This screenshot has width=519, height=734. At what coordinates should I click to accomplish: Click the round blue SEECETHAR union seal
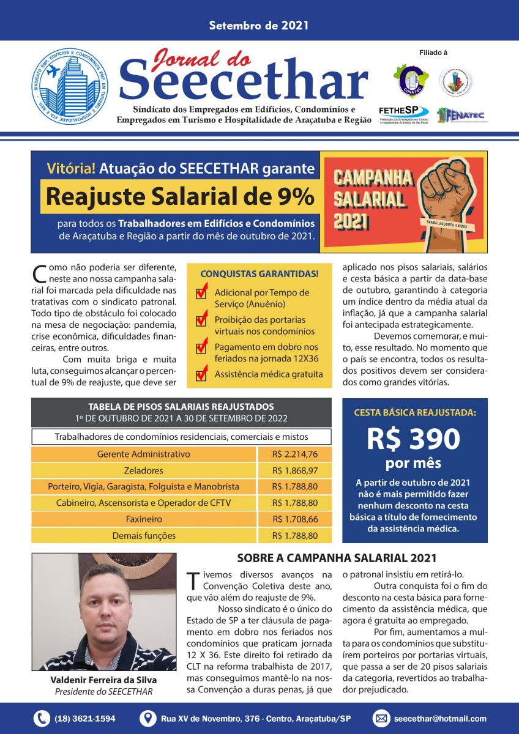pos(70,87)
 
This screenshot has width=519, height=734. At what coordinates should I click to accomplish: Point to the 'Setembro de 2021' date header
pos(259,26)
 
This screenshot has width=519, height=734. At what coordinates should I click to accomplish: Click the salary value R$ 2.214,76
pos(295,454)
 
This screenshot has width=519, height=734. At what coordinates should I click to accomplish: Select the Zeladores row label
pos(144,470)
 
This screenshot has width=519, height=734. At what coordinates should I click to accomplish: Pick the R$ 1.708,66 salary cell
pos(295,519)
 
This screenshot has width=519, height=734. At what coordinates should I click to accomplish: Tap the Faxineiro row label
pos(144,519)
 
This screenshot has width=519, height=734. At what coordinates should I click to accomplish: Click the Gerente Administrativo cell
pos(144,454)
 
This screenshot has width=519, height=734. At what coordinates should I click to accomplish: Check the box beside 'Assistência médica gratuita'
pos(201,374)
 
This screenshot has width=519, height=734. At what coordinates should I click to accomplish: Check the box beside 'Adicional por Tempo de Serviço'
pos(201,294)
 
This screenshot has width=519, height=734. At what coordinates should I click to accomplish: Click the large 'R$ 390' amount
pos(414,439)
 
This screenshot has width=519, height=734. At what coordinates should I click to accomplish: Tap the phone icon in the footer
pos(42,719)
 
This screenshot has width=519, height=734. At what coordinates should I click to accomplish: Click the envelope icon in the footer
pos(381,719)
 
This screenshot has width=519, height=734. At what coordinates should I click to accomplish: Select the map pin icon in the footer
pos(147,719)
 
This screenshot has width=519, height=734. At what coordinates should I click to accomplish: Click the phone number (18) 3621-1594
pos(84,719)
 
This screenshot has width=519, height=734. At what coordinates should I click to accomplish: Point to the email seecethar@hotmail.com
pos(440,719)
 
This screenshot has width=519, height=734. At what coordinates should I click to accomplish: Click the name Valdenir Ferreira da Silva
pos(103,680)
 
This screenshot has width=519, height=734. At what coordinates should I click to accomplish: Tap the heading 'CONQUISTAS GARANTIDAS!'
pos(259,273)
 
